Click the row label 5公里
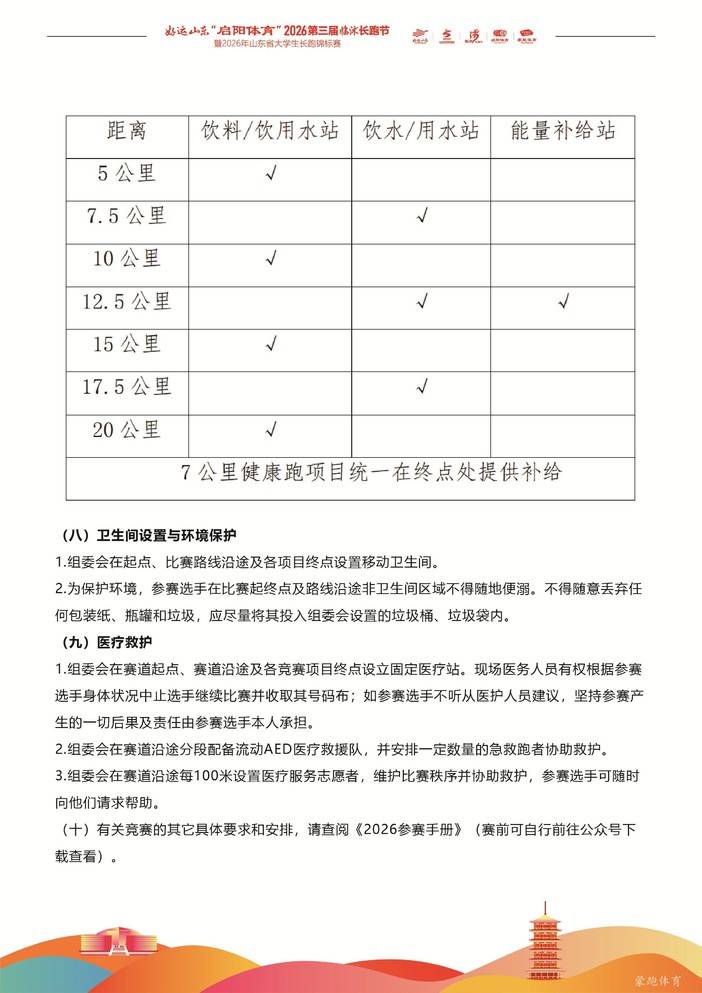[x=127, y=173]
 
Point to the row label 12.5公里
[x=127, y=301]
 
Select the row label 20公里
[x=127, y=430]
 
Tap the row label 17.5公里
[x=127, y=387]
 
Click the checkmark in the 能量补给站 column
[x=564, y=301]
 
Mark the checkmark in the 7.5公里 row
[x=422, y=216]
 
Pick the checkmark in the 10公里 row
[x=270, y=259]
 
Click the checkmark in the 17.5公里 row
[x=422, y=387]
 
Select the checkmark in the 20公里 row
[x=270, y=430]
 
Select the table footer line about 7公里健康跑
[x=350, y=472]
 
